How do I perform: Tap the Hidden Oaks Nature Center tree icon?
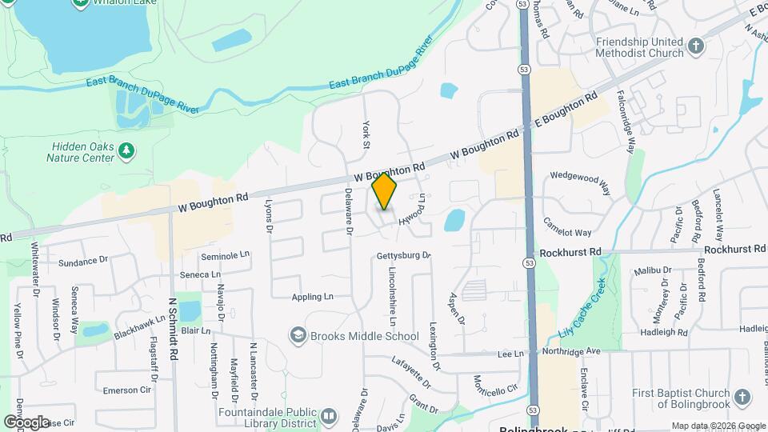coord(126,150)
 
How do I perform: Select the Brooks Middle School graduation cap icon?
coord(298,336)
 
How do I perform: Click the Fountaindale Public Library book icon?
coord(329,415)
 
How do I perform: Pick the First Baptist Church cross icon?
coord(742,397)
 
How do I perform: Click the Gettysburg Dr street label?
coord(403,256)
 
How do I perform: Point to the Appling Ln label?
coord(312,297)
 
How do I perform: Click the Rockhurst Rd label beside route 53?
coord(570,252)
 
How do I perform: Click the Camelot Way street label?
coord(567,226)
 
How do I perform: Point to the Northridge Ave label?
coord(570,351)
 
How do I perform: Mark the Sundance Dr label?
coord(83,261)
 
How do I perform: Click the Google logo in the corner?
coord(26,422)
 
